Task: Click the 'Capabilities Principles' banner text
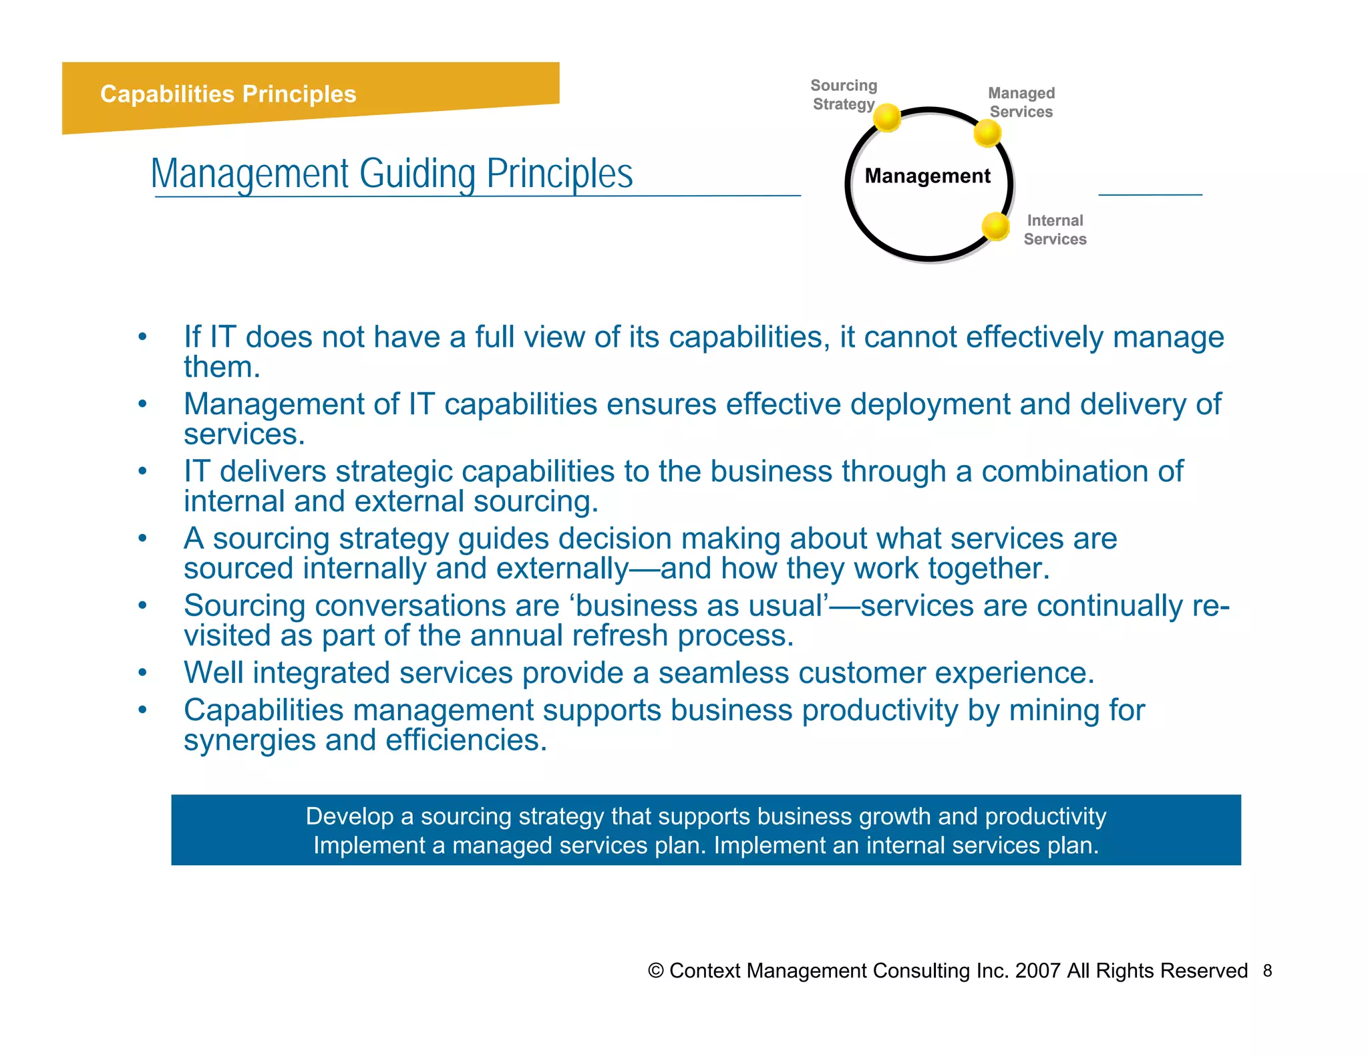click(x=228, y=94)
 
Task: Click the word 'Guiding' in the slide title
click(x=417, y=174)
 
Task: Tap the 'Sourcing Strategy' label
click(x=844, y=95)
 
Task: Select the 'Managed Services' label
click(x=1021, y=102)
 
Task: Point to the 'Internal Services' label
click(x=1055, y=230)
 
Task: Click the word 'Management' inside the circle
click(x=927, y=176)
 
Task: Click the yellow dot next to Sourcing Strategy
click(x=887, y=118)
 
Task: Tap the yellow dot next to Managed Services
click(x=987, y=133)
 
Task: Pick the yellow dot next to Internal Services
click(x=995, y=226)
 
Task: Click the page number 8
click(x=1267, y=971)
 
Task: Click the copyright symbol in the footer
click(x=655, y=971)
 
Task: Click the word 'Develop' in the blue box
click(x=349, y=816)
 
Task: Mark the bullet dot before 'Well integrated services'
click(x=142, y=673)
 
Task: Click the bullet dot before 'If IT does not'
click(x=142, y=337)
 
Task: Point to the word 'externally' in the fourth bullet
click(x=562, y=569)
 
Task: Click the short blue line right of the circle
click(x=1150, y=194)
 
